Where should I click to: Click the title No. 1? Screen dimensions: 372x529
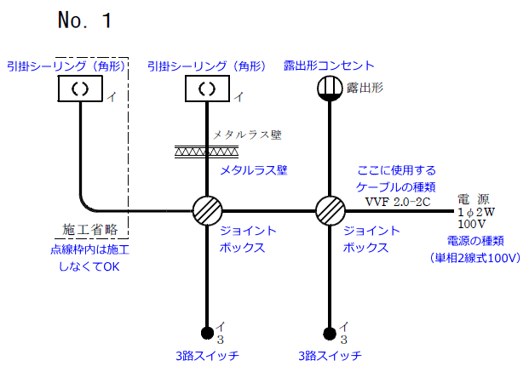point(84,20)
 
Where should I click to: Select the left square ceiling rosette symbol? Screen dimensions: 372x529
point(79,88)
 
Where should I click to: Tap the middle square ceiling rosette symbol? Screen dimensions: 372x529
point(206,88)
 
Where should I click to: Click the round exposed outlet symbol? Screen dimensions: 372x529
point(330,88)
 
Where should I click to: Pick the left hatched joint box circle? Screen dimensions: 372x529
point(206,210)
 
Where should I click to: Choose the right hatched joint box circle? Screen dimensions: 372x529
point(330,210)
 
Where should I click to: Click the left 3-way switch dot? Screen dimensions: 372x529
point(206,332)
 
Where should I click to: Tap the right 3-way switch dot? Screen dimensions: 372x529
point(330,332)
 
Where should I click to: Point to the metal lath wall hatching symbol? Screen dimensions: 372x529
point(206,152)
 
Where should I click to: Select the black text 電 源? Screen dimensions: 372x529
point(474,198)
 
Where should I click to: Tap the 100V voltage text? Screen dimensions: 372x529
point(472,223)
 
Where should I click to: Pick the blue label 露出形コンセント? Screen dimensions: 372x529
point(329,66)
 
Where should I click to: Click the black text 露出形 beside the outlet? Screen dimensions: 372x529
point(365,88)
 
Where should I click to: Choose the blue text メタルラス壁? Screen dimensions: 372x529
point(253,170)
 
